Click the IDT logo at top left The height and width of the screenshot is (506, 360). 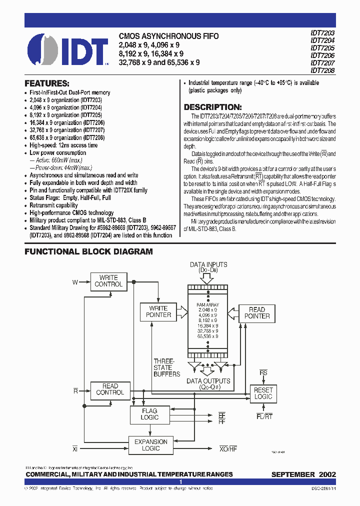click(67, 50)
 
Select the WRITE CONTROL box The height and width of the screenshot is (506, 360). click(108, 281)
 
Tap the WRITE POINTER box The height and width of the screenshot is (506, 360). click(158, 311)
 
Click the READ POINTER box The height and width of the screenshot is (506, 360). click(257, 313)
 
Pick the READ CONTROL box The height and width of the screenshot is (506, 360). click(110, 389)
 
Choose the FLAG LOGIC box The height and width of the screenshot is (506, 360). click(149, 414)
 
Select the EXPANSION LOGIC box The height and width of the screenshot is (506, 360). click(151, 445)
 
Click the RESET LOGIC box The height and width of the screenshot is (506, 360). click(263, 393)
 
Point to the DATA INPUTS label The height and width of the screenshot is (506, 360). click(208, 265)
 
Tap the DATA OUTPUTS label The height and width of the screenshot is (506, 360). click(208, 381)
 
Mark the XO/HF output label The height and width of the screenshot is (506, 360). click(227, 449)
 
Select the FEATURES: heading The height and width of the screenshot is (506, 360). click(47, 83)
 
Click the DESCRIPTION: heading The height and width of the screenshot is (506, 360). click(212, 107)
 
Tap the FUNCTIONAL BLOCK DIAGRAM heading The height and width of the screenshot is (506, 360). click(88, 252)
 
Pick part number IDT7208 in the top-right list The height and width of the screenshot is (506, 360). click(322, 71)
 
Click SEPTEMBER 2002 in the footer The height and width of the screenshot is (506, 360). click(303, 474)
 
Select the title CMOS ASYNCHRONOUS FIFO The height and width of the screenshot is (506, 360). click(159, 36)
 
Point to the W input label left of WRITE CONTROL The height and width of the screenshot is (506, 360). click(75, 282)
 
